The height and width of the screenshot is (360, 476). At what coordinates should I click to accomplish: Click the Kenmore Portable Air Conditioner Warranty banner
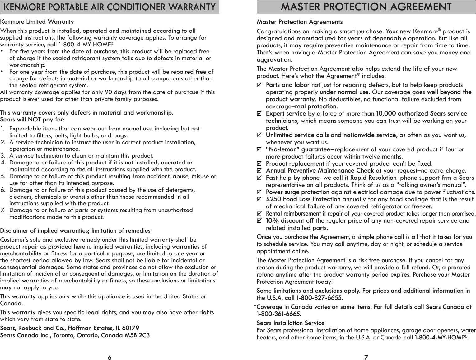[x=110, y=7]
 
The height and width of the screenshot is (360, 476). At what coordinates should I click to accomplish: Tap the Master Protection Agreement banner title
[x=366, y=7]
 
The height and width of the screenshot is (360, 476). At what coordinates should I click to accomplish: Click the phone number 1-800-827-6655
[x=320, y=298]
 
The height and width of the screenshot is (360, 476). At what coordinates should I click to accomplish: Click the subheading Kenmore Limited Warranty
[x=37, y=22]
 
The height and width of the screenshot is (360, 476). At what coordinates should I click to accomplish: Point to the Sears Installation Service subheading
[x=290, y=323]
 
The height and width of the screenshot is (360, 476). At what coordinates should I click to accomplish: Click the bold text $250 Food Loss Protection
[x=303, y=199]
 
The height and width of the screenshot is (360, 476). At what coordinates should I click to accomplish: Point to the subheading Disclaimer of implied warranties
[x=75, y=231]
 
